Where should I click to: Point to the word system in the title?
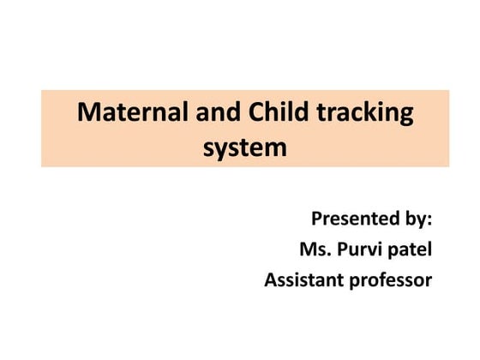[245, 147]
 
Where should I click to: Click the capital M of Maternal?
[88, 113]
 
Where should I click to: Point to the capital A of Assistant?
[271, 280]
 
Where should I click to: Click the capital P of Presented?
[316, 219]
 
